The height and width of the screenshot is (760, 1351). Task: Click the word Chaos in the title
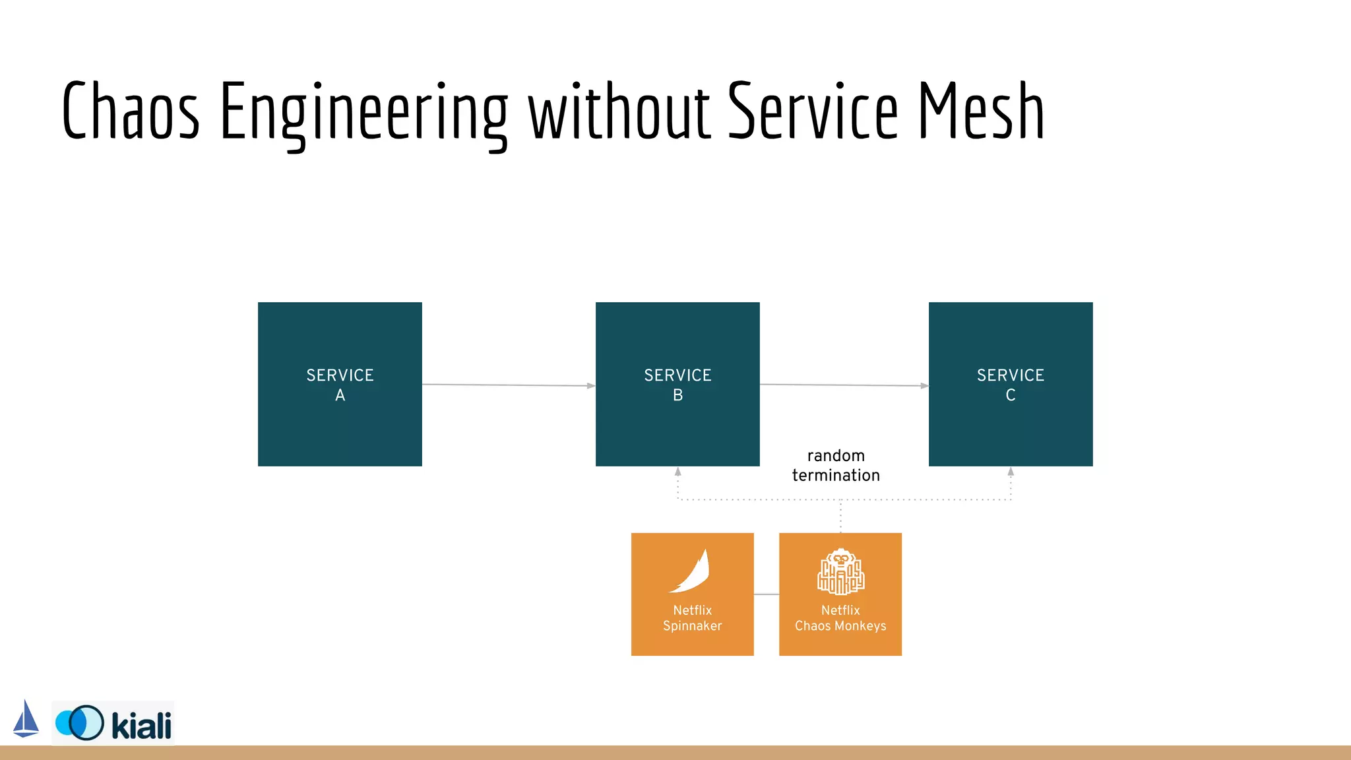[x=130, y=111]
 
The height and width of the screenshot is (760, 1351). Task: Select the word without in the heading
[x=619, y=111]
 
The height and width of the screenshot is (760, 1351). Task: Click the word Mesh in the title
[x=981, y=111]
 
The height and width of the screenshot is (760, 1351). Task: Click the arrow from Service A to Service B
[x=508, y=385]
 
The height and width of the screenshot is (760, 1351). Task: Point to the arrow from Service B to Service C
[x=844, y=385]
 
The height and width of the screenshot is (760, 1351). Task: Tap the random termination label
[x=836, y=466]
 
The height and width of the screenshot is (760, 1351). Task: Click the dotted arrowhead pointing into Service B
[x=677, y=472]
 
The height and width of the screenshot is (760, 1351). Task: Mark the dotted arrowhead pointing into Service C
[x=1011, y=472]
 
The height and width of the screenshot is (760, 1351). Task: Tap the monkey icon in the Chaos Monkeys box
[x=840, y=571]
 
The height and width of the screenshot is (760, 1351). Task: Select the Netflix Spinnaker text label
[x=692, y=618]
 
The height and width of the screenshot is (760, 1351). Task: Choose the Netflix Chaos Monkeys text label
[x=840, y=618]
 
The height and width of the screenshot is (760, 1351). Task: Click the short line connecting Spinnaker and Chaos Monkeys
[x=767, y=594]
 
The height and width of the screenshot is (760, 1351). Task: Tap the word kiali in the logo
[x=141, y=726]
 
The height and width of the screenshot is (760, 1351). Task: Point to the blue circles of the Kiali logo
[x=80, y=723]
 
